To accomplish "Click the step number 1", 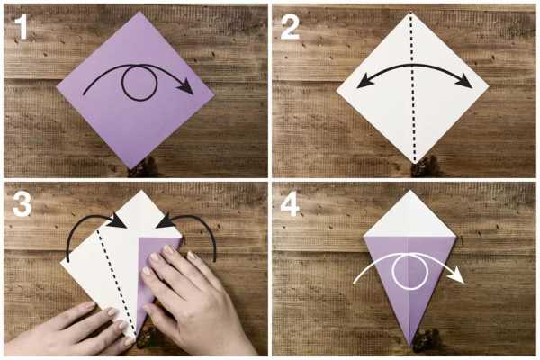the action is click(22, 27).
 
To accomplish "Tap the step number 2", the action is click(290, 27).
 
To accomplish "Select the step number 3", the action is click(22, 204).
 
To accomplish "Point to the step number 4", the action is click(290, 204).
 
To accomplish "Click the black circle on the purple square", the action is click(121, 84).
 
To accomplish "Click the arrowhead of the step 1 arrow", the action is click(186, 86).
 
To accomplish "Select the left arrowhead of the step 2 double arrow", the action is click(364, 83).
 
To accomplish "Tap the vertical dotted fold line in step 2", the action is click(412, 88).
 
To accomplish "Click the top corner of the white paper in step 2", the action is click(409, 13).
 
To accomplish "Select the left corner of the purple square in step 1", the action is click(58, 87).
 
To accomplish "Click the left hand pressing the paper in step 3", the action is click(66, 330).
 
